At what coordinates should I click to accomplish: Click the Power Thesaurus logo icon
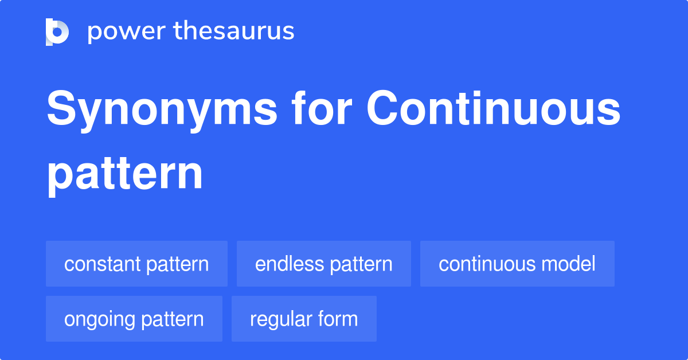pyautogui.click(x=57, y=32)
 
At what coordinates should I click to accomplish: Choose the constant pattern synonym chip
pyautogui.click(x=136, y=264)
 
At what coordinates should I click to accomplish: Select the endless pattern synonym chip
pyautogui.click(x=324, y=264)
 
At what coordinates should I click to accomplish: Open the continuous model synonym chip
pyautogui.click(x=517, y=264)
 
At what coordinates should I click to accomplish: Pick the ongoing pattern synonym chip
pyautogui.click(x=134, y=319)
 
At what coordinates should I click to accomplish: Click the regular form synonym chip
pyautogui.click(x=304, y=319)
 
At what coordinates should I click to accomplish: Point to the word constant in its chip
pyautogui.click(x=103, y=264)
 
